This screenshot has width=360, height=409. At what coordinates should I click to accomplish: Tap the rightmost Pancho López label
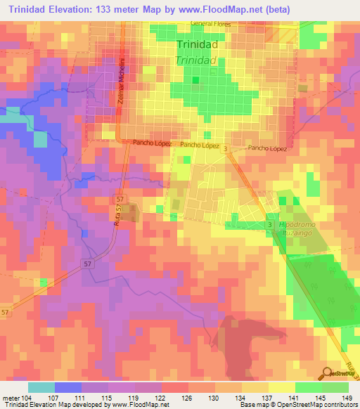click(268, 149)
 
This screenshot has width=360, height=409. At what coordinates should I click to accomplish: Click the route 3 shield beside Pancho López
click(226, 149)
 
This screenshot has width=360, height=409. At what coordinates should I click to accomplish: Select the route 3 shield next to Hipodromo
click(269, 223)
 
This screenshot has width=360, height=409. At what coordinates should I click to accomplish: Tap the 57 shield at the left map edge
click(5, 311)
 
